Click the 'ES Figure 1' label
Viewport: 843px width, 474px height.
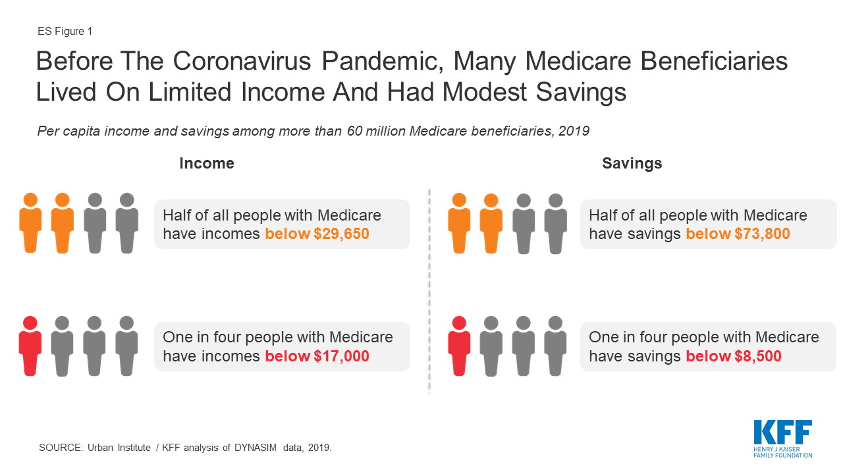pyautogui.click(x=65, y=31)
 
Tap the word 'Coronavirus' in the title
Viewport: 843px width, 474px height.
pyautogui.click(x=242, y=61)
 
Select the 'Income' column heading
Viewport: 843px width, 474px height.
pyautogui.click(x=207, y=163)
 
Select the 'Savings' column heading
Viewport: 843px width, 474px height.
pyautogui.click(x=632, y=163)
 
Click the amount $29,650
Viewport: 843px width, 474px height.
pyautogui.click(x=341, y=234)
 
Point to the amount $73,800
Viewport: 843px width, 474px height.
pyautogui.click(x=762, y=234)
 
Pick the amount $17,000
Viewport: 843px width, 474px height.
pyautogui.click(x=341, y=356)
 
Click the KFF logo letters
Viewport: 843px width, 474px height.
pyautogui.click(x=783, y=433)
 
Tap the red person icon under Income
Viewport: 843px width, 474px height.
pyautogui.click(x=30, y=346)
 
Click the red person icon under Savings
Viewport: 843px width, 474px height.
pyautogui.click(x=459, y=346)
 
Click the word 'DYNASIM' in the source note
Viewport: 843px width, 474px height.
pyautogui.click(x=256, y=448)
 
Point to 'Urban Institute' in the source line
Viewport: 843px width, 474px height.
pyautogui.click(x=119, y=448)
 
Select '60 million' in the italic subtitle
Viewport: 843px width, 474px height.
pyautogui.click(x=376, y=131)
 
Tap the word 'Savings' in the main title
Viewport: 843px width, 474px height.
pyautogui.click(x=581, y=92)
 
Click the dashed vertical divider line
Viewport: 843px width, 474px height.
pyautogui.click(x=429, y=290)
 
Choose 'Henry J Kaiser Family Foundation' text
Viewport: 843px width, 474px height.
pyautogui.click(x=783, y=452)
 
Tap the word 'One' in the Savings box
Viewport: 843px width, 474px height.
pyautogui.click(x=605, y=337)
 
